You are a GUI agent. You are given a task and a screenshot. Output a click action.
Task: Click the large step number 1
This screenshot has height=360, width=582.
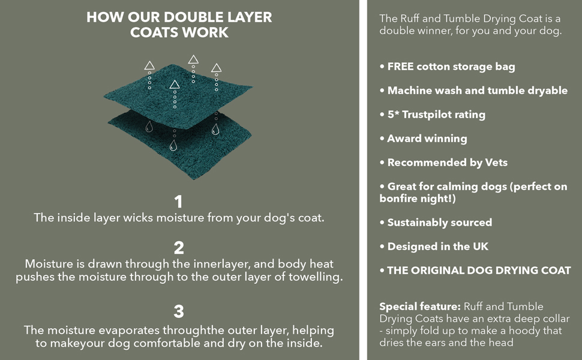pyautogui.click(x=179, y=202)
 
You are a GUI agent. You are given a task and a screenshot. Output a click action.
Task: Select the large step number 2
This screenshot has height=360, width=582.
pyautogui.click(x=179, y=248)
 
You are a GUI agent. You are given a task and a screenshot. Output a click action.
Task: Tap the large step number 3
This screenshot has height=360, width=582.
pyautogui.click(x=179, y=311)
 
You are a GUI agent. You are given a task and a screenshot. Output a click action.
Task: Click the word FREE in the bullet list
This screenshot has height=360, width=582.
pyautogui.click(x=400, y=67)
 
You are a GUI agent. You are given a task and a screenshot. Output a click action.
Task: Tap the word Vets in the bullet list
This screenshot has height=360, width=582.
pyautogui.click(x=496, y=162)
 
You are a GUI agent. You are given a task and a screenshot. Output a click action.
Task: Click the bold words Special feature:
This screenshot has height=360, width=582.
pyautogui.click(x=420, y=307)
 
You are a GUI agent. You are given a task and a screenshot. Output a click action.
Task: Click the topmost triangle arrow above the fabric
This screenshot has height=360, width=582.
pyautogui.click(x=193, y=59)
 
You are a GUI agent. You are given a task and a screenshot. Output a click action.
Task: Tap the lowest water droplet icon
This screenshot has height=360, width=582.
pyautogui.click(x=173, y=145)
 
